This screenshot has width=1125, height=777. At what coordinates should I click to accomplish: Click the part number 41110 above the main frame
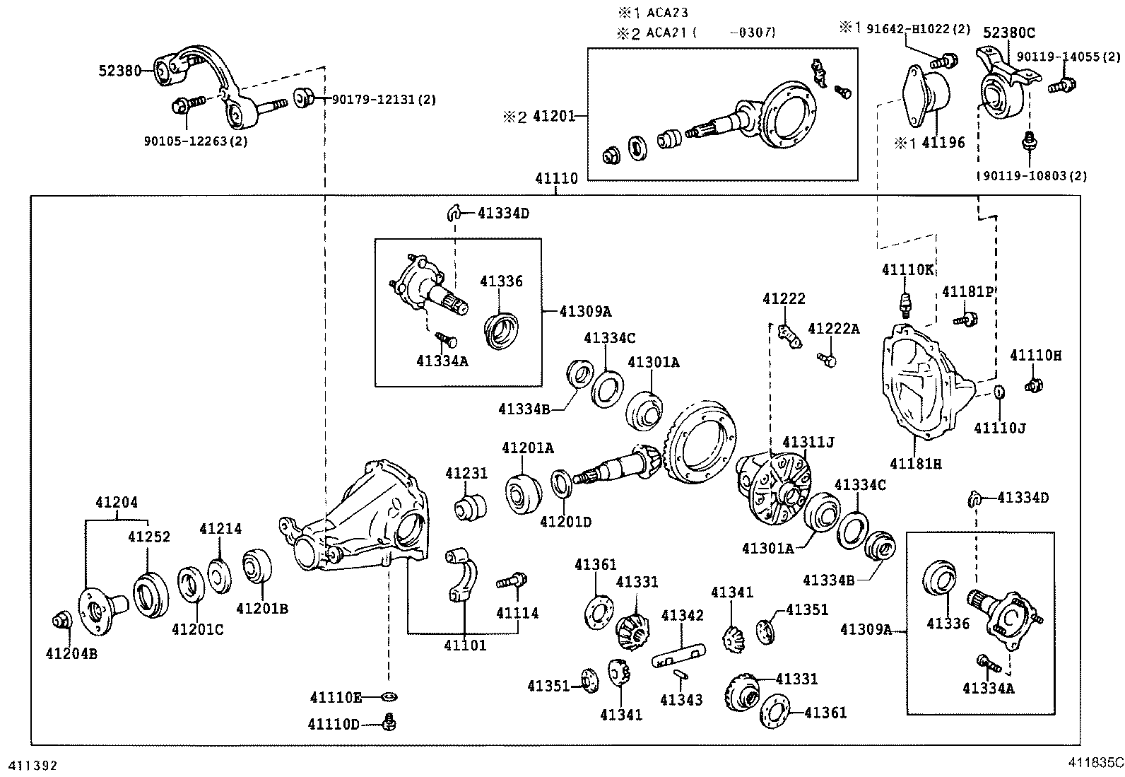tap(556, 179)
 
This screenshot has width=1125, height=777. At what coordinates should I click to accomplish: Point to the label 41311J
tap(808, 443)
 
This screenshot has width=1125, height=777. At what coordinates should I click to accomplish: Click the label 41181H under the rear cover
tap(916, 464)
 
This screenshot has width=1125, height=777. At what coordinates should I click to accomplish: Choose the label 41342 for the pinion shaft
tap(682, 615)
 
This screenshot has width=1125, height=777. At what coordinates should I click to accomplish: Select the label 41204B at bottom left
tap(71, 653)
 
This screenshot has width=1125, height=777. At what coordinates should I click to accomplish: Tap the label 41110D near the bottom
tap(334, 724)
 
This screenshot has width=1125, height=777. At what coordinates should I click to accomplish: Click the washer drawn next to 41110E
tap(388, 698)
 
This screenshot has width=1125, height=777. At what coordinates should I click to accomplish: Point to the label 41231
tap(466, 473)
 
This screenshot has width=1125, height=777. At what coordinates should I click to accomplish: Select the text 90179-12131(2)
tap(384, 100)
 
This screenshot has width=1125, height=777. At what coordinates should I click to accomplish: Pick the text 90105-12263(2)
tap(196, 141)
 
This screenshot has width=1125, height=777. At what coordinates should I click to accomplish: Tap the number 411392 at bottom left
tap(32, 766)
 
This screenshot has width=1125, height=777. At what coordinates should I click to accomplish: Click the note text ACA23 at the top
tap(667, 13)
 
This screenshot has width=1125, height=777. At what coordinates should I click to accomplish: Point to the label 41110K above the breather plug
tap(908, 269)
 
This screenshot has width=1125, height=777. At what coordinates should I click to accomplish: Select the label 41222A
tap(834, 328)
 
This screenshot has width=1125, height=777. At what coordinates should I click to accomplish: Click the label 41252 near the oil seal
tap(148, 537)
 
